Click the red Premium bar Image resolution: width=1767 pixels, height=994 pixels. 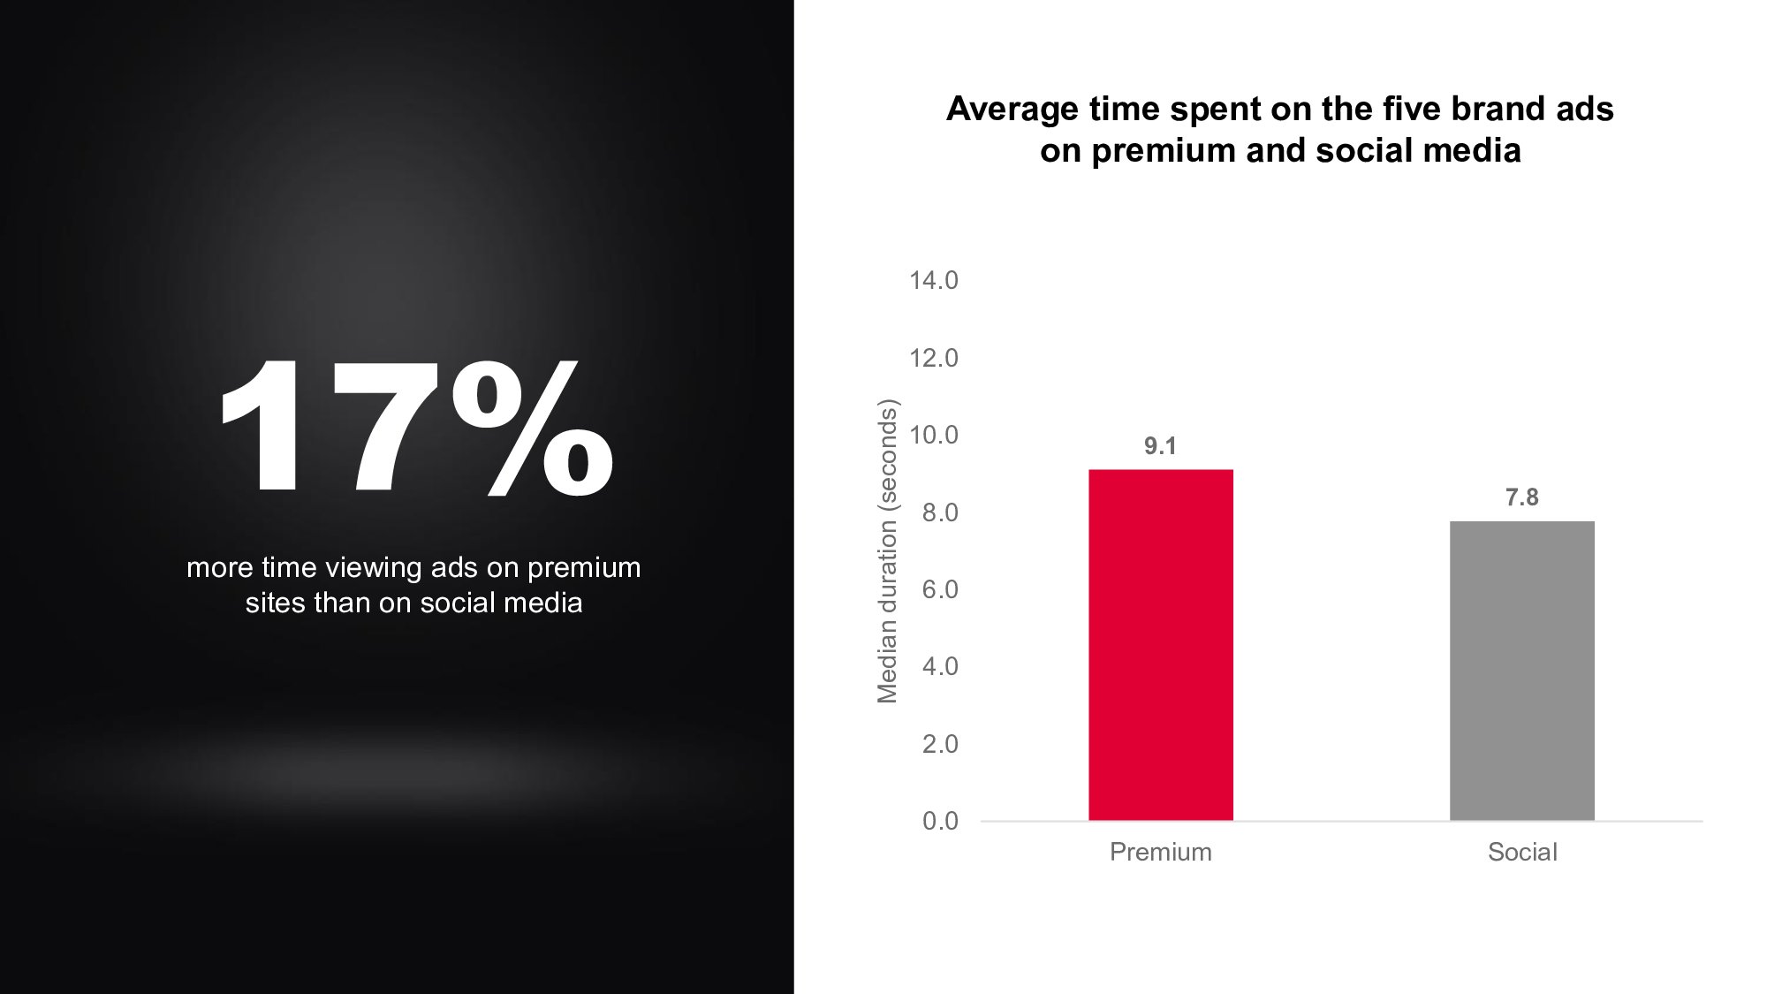pos(1161,645)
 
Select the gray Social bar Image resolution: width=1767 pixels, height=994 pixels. pos(1522,671)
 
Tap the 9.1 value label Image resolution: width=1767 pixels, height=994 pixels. pos(1161,446)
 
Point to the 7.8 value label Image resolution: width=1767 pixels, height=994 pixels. pos(1522,497)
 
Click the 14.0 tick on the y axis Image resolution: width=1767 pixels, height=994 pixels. pos(934,280)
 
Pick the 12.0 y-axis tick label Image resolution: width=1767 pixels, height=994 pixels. pos(934,358)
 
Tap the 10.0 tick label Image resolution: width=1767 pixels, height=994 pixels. pos(934,435)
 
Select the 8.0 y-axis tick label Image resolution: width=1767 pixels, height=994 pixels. pos(940,512)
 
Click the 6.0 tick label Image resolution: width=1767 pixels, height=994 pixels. pos(940,589)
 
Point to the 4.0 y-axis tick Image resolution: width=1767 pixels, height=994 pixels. pos(940,666)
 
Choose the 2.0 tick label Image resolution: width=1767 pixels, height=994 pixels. pos(940,744)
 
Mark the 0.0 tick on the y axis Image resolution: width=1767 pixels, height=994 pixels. pos(940,821)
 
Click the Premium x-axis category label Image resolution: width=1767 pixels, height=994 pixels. pos(1161,852)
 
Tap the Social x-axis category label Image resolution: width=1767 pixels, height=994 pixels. pos(1522,852)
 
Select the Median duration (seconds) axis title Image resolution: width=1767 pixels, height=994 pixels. pos(887,551)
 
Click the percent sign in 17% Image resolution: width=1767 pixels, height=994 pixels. pos(532,428)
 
